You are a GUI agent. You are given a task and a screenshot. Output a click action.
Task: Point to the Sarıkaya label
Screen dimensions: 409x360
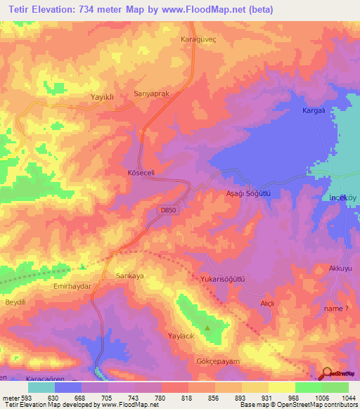129,276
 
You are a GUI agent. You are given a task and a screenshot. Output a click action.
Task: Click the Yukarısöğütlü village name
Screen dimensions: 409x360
222,278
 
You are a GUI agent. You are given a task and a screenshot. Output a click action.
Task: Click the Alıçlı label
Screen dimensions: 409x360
266,302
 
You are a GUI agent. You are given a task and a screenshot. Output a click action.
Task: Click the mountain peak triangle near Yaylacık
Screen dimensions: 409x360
207,327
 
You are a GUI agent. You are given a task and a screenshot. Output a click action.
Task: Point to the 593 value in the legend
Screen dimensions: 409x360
27,397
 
